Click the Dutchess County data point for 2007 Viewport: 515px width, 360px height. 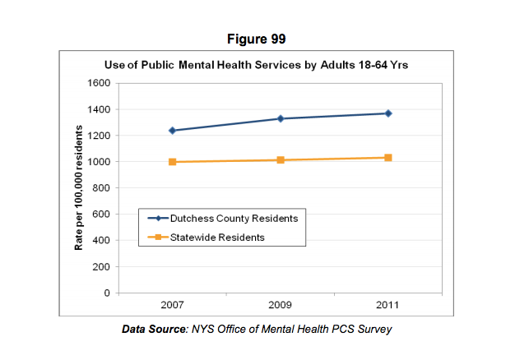pos(173,131)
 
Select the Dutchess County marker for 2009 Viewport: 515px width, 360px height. pos(281,118)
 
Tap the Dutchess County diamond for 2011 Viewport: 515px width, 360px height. pos(388,113)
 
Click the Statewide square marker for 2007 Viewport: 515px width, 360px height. pos(173,162)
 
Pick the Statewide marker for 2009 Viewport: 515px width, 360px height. pos(281,160)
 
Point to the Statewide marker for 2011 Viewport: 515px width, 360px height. pos(388,157)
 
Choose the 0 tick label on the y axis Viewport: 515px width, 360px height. pos(107,293)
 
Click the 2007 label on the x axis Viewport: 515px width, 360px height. pos(173,306)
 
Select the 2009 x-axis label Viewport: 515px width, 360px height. pos(281,306)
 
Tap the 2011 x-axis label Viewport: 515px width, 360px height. pos(388,306)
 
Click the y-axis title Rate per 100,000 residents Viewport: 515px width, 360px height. pos(79,188)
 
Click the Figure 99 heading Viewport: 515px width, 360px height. pos(257,39)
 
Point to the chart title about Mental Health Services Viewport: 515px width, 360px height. pos(256,65)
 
